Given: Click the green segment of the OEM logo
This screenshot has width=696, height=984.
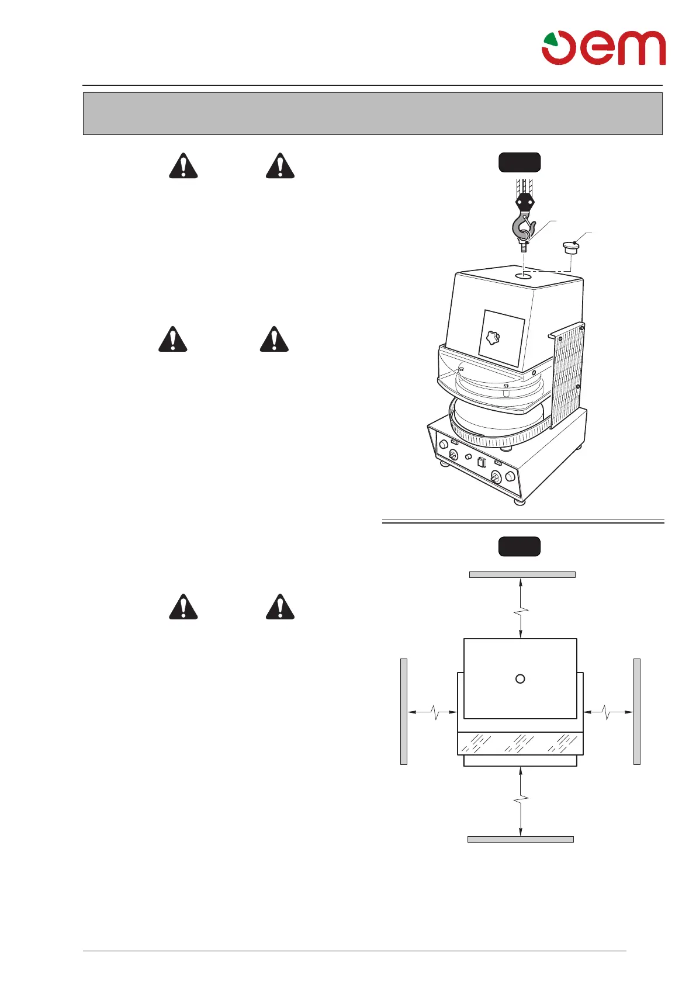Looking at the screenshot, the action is pyautogui.click(x=550, y=40).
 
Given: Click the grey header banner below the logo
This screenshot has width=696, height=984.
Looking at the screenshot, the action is pyautogui.click(x=372, y=113).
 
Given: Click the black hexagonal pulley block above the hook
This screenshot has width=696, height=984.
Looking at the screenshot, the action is pyautogui.click(x=524, y=203).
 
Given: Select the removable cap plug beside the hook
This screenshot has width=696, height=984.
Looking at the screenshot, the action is pyautogui.click(x=570, y=249).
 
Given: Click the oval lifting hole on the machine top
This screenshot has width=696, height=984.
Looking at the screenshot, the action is pyautogui.click(x=524, y=275).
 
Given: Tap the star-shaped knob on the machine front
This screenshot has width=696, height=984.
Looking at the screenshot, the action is pyautogui.click(x=493, y=338).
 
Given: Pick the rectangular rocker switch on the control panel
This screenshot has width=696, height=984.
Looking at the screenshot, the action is pyautogui.click(x=482, y=463).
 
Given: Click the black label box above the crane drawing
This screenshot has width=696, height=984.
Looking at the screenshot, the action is pyautogui.click(x=519, y=162).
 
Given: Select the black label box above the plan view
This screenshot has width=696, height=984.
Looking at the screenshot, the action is pyautogui.click(x=519, y=546).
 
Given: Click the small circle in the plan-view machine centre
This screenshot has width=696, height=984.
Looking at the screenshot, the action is pyautogui.click(x=520, y=678).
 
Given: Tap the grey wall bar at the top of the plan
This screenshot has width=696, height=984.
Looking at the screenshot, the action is pyautogui.click(x=522, y=574).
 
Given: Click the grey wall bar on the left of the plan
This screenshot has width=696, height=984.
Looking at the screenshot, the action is pyautogui.click(x=403, y=711).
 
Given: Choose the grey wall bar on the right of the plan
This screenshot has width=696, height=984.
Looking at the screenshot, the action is pyautogui.click(x=637, y=711).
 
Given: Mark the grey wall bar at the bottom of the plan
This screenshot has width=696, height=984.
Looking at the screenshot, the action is pyautogui.click(x=520, y=839).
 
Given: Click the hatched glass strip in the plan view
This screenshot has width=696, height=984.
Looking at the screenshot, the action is pyautogui.click(x=520, y=743).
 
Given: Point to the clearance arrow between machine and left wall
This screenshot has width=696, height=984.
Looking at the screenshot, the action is pyautogui.click(x=432, y=712).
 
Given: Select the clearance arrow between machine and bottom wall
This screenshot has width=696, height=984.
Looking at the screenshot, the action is pyautogui.click(x=520, y=801).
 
